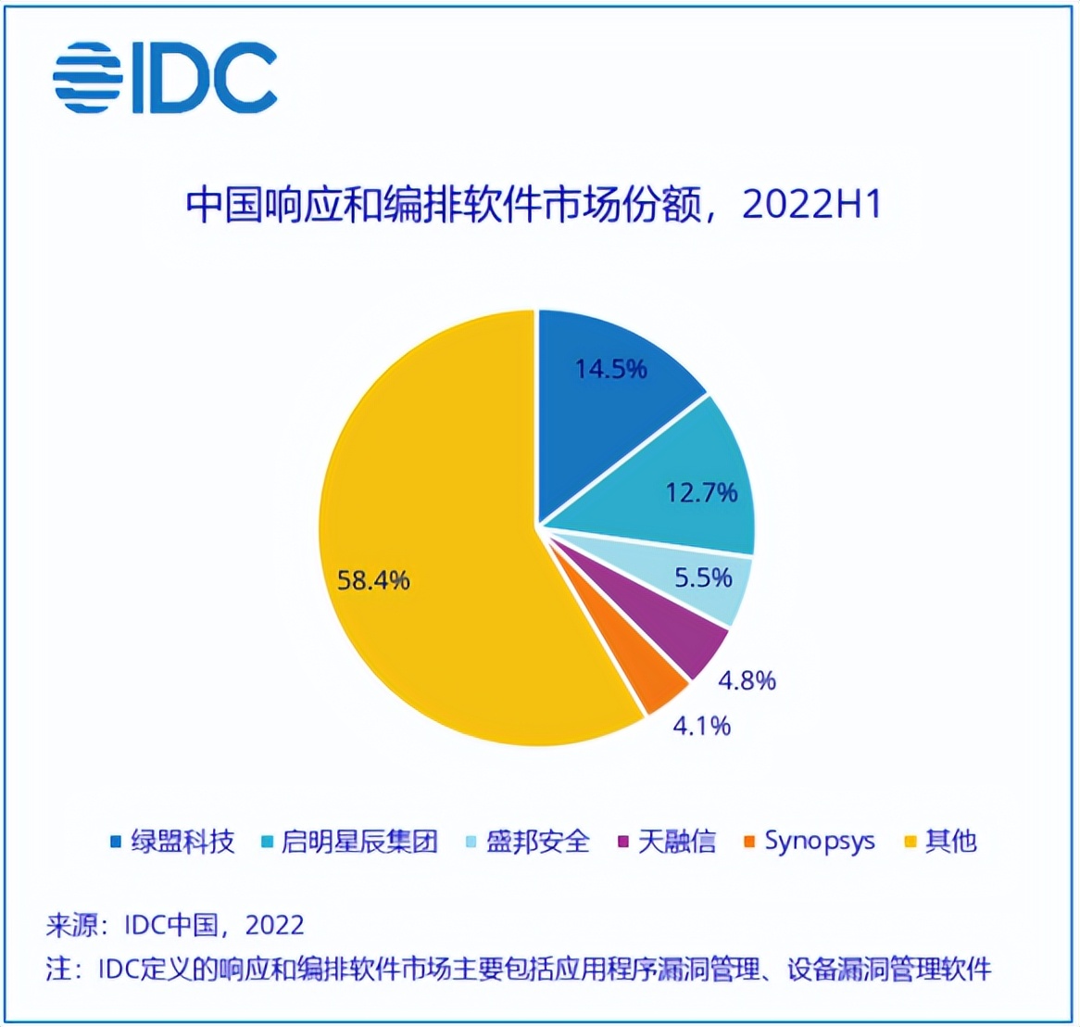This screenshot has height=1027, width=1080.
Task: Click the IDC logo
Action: tap(165, 78)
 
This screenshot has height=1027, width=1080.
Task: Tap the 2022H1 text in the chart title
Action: tap(810, 206)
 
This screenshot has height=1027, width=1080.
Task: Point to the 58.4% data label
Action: tap(373, 581)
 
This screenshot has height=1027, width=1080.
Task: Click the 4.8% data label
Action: tap(747, 681)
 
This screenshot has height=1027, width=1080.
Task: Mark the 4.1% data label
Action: tap(701, 726)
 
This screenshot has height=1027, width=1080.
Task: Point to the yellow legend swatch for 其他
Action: tap(910, 843)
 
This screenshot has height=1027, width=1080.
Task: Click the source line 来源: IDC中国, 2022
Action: tap(175, 925)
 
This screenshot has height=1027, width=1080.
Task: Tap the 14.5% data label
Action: tap(610, 369)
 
